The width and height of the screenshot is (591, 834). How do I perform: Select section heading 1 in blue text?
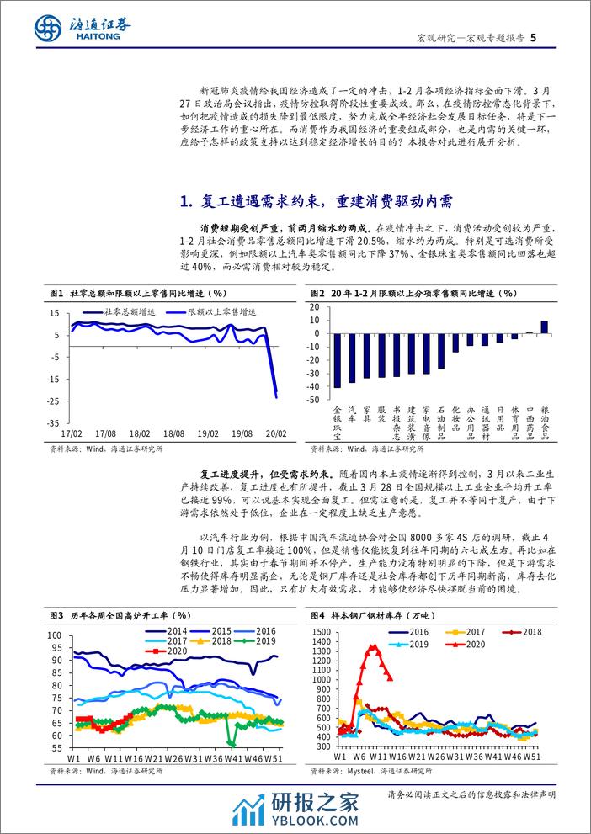317,201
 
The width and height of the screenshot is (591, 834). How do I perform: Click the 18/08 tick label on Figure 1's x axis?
173,432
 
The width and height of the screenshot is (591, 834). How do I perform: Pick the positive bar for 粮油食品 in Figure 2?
544,327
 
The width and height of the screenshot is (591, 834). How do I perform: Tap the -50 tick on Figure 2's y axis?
314,401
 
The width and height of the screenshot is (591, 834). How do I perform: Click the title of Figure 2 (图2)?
413,293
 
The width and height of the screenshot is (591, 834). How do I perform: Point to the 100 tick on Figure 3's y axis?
56,635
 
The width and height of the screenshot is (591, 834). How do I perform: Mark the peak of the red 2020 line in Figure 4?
373,645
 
